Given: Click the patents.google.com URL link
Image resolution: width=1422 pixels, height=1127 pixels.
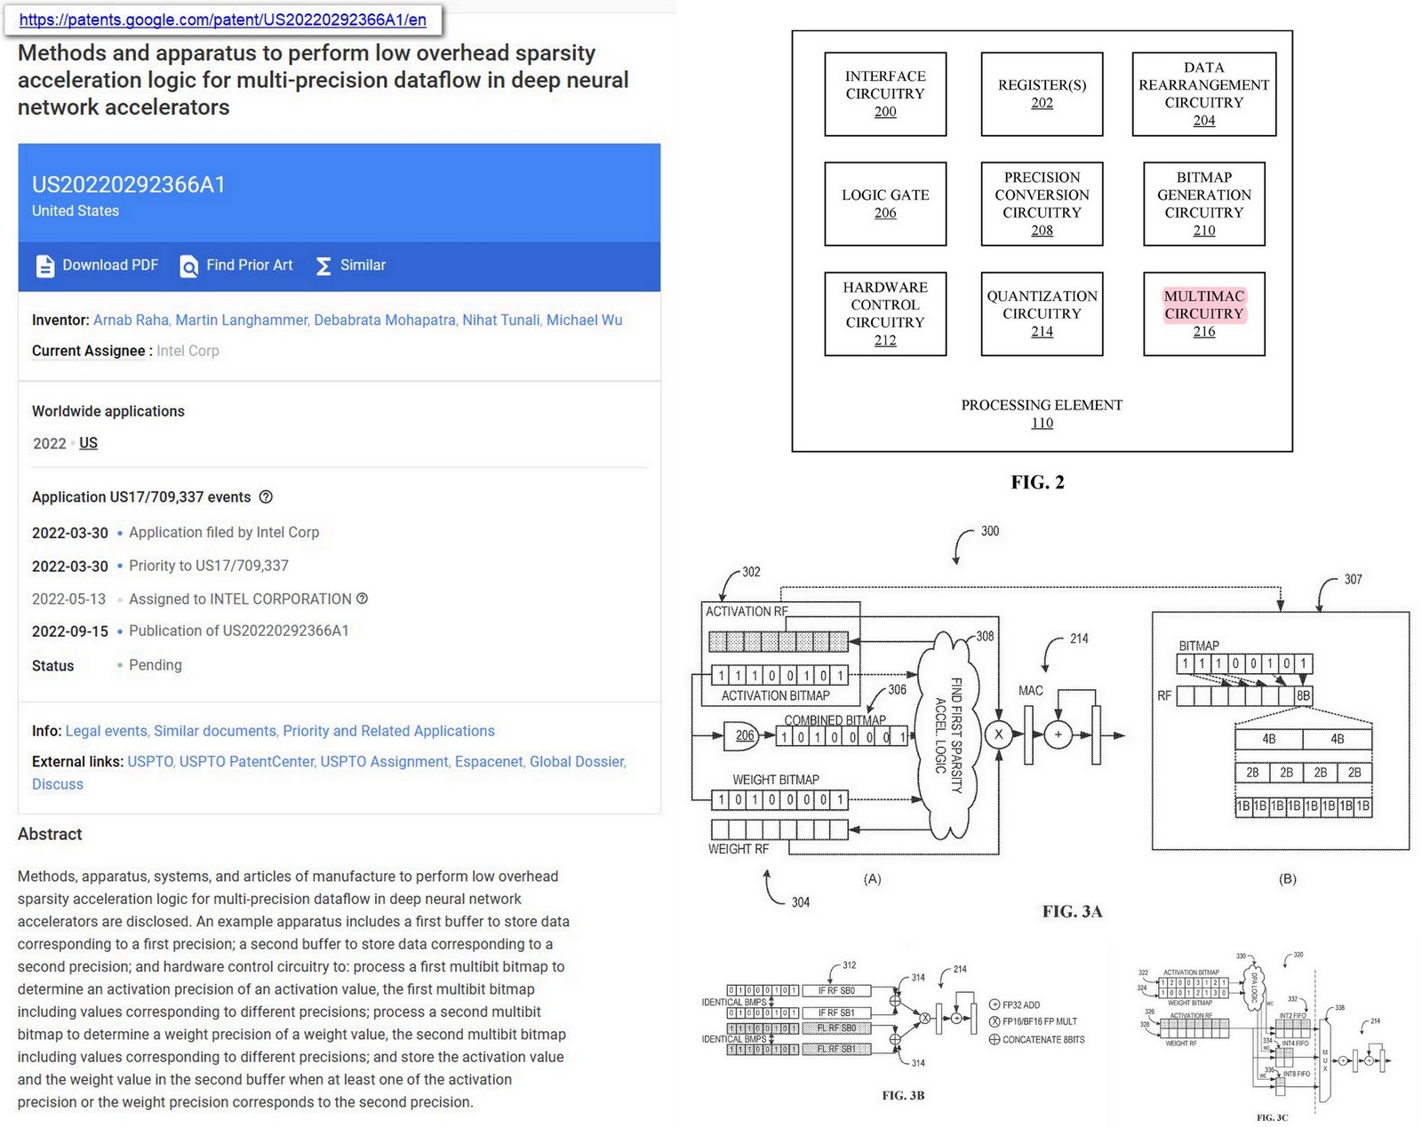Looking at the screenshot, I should pos(222,20).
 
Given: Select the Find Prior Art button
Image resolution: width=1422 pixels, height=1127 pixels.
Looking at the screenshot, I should pos(236,266).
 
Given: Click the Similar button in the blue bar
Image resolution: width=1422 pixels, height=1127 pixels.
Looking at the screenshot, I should pos(351,266).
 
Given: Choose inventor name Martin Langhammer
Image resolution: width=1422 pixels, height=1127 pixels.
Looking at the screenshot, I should pos(241,321).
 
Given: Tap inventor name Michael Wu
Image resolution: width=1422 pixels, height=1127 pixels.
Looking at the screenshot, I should pos(584,321).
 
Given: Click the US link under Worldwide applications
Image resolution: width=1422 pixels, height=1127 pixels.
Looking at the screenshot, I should pos(88,443).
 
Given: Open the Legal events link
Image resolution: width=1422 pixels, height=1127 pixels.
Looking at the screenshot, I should pos(106,731).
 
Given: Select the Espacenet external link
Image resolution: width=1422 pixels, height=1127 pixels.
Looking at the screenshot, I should pos(488,762).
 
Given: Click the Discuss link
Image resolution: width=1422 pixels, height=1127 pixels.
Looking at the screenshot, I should pos(57,784).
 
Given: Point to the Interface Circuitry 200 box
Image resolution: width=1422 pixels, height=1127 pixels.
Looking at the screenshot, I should pos(885,94).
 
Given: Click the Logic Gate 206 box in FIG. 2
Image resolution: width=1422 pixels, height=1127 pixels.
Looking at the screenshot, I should pos(885,203).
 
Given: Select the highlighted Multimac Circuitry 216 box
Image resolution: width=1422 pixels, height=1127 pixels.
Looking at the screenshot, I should pos(1203,313).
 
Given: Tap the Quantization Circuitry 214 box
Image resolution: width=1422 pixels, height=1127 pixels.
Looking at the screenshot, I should pos(1042,313).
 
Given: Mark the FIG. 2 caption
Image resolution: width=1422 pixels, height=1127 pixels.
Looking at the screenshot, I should pos(1037,482).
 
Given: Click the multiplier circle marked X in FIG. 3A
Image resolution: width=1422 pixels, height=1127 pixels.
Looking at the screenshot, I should pos(999,734).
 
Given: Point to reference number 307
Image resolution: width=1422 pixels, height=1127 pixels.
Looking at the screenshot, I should pos(1353,579).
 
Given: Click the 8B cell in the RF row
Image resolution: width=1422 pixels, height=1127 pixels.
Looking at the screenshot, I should pos(1303,695).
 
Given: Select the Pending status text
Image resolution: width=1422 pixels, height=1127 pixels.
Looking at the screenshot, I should pos(156,665).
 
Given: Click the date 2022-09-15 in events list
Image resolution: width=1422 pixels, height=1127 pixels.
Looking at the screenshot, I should pos(69,631).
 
